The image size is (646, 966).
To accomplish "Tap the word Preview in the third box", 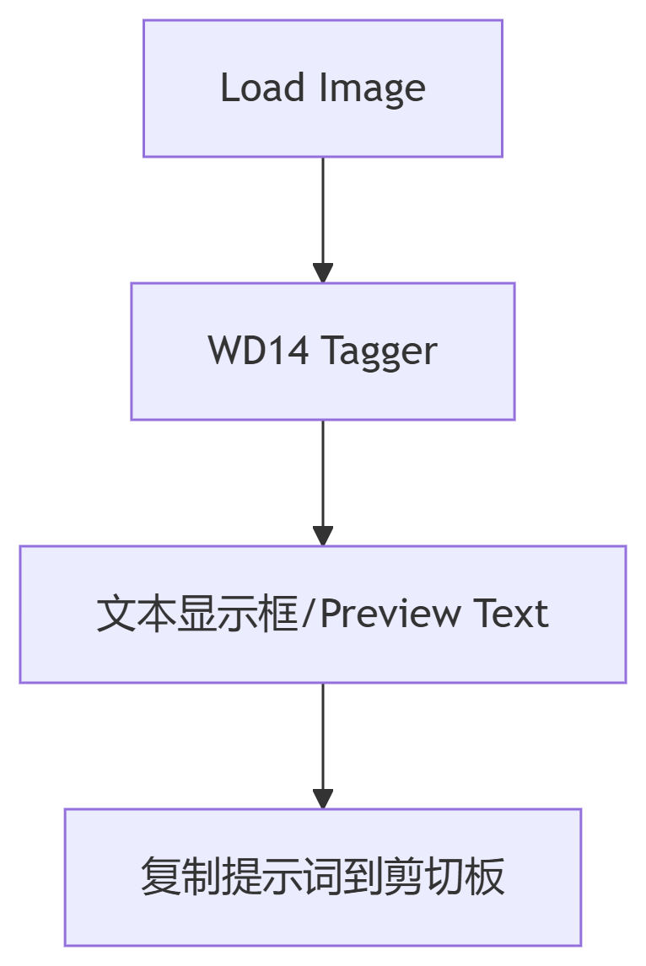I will point(390,614).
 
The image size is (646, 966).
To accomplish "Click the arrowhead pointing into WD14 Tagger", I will point(323,272).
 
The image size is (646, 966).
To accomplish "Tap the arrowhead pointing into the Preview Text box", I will point(323,535).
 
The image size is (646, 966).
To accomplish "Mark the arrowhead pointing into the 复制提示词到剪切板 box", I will point(323,798).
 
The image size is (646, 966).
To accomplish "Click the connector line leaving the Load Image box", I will point(323,211).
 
